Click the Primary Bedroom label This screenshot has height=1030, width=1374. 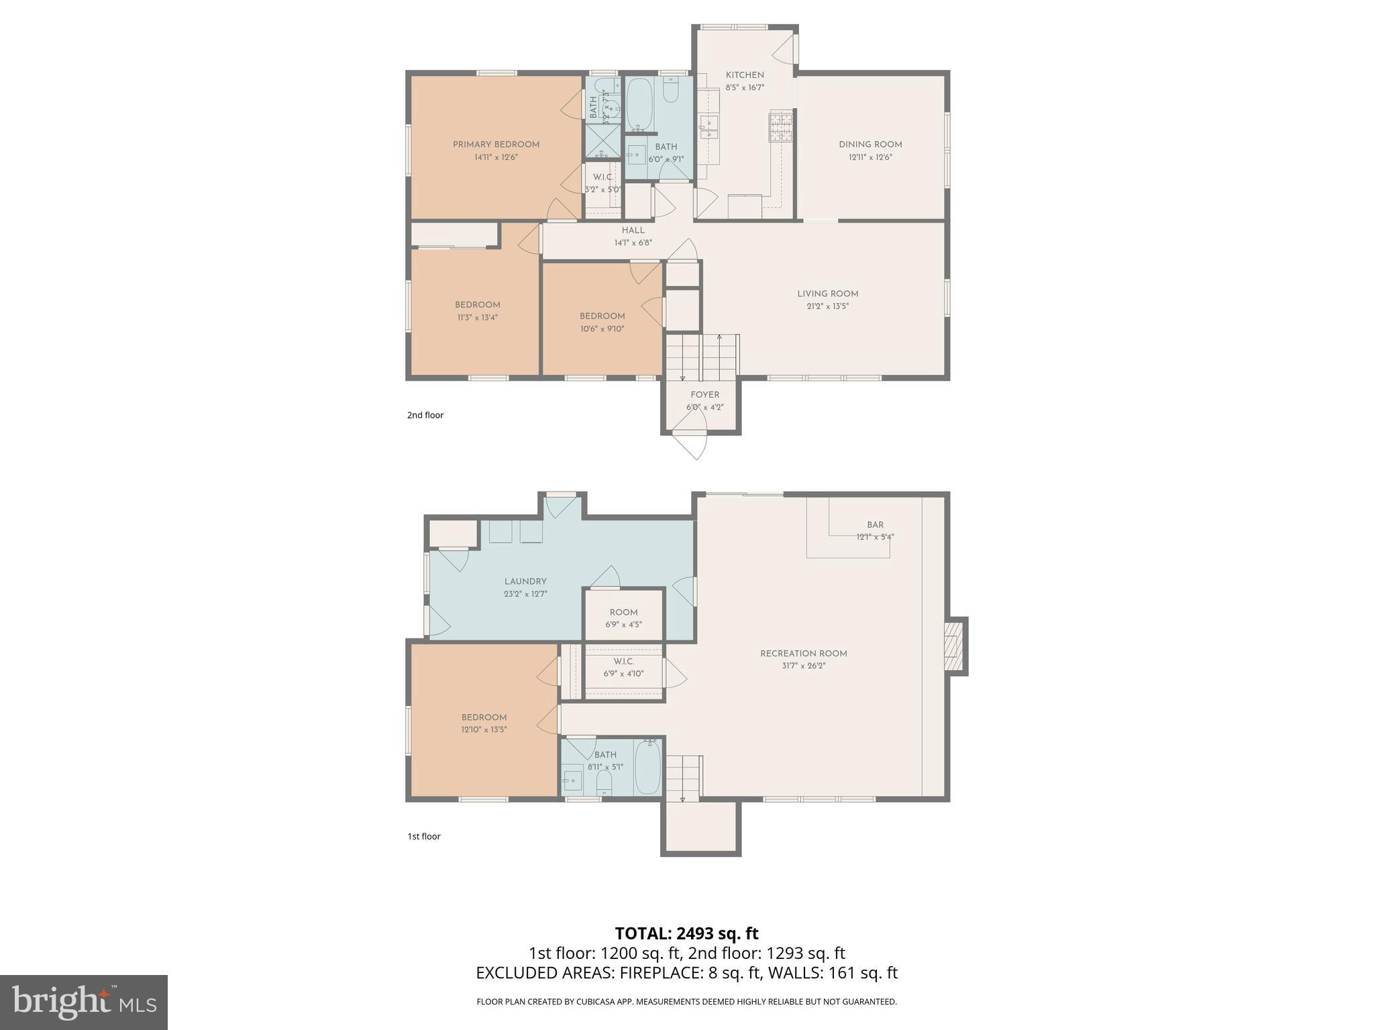click(x=496, y=144)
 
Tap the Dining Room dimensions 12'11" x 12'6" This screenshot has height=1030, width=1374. click(x=869, y=158)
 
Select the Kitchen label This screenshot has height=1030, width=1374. click(x=744, y=75)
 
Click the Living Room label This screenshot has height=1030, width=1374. click(x=827, y=294)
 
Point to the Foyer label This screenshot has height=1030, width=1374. click(x=704, y=395)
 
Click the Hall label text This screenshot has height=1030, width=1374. click(x=633, y=231)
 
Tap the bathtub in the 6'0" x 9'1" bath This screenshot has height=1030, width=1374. click(x=639, y=105)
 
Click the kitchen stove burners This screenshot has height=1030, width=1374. click(x=780, y=127)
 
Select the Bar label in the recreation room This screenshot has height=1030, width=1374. click(x=875, y=525)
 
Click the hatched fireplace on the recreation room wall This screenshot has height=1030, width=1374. click(x=953, y=646)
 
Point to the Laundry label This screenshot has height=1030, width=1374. click(x=525, y=581)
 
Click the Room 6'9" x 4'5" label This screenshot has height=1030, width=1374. click(x=623, y=612)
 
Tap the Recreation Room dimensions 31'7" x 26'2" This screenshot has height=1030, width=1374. click(x=803, y=666)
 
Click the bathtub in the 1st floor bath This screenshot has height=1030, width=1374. click(x=647, y=767)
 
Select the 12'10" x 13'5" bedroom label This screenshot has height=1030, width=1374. click(x=484, y=718)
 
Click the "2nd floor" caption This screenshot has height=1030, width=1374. click(x=425, y=415)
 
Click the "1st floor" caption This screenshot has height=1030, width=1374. click(x=424, y=836)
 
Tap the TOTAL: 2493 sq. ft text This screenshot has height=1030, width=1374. click(x=686, y=933)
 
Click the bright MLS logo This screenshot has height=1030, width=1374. click(x=84, y=1003)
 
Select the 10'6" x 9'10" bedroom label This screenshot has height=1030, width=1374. click(x=602, y=317)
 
